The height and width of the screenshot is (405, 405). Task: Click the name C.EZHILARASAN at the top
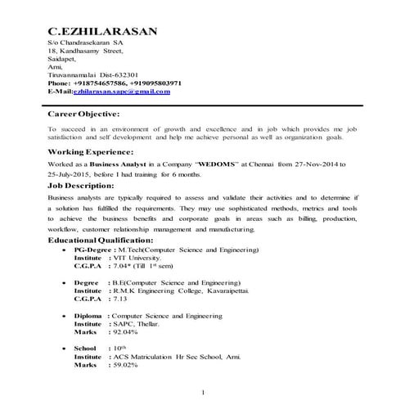click(x=103, y=31)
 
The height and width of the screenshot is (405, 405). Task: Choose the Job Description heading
click(x=81, y=186)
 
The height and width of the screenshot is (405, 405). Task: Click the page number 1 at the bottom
click(x=202, y=392)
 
